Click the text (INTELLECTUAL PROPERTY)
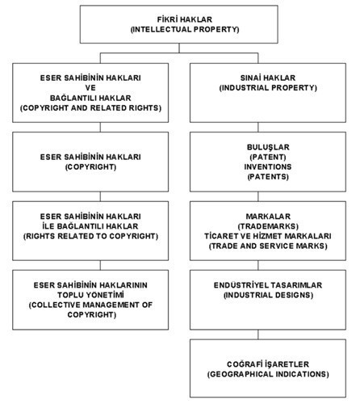click(x=185, y=29)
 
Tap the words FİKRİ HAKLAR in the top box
click(x=185, y=19)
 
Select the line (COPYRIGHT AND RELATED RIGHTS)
click(x=90, y=108)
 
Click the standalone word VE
click(x=90, y=88)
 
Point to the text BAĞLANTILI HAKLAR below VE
click(x=90, y=98)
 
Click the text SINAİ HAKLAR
click(x=268, y=78)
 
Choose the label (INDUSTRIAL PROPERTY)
click(x=268, y=88)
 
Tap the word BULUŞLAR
click(x=268, y=147)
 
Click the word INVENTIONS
click(x=268, y=167)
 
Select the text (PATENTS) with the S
click(x=268, y=177)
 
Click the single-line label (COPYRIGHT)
click(x=90, y=167)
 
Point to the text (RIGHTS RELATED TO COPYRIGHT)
click(x=90, y=236)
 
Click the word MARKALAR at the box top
click(x=268, y=217)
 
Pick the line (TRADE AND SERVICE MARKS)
click(x=268, y=246)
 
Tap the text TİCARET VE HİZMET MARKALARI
click(x=268, y=236)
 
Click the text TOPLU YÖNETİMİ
click(x=90, y=295)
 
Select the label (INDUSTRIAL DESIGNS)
click(x=268, y=295)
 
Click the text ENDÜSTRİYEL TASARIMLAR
click(x=268, y=285)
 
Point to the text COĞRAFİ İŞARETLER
click(x=268, y=364)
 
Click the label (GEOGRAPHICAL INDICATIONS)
click(x=268, y=374)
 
